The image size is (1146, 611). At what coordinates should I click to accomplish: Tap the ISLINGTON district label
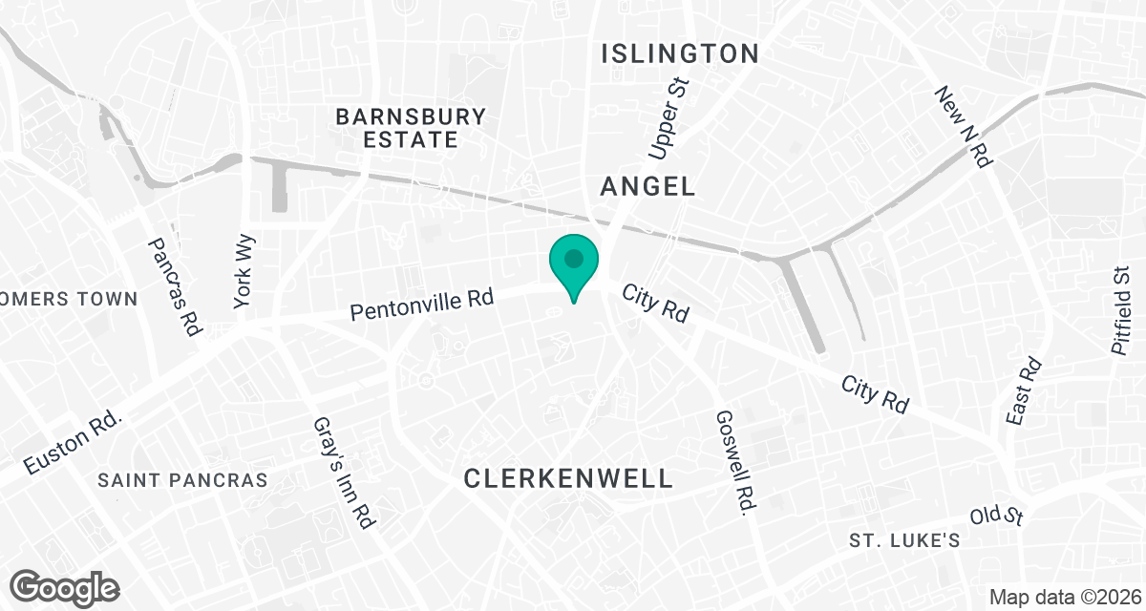(x=680, y=53)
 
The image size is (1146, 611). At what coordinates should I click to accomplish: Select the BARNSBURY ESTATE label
(x=411, y=128)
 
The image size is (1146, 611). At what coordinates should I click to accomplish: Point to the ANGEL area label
(x=647, y=187)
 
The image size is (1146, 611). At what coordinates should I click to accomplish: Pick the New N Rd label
(x=962, y=128)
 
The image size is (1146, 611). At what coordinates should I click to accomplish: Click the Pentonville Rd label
(x=421, y=305)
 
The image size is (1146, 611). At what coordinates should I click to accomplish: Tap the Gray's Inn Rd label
(x=346, y=473)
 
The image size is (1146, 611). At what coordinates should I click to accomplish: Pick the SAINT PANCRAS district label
(x=182, y=480)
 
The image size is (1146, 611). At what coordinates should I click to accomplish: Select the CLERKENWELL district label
(x=568, y=478)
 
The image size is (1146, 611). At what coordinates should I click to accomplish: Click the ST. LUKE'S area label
(x=904, y=540)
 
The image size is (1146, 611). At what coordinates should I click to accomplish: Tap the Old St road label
(x=997, y=516)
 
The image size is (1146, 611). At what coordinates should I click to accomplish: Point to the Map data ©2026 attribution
(x=1063, y=598)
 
